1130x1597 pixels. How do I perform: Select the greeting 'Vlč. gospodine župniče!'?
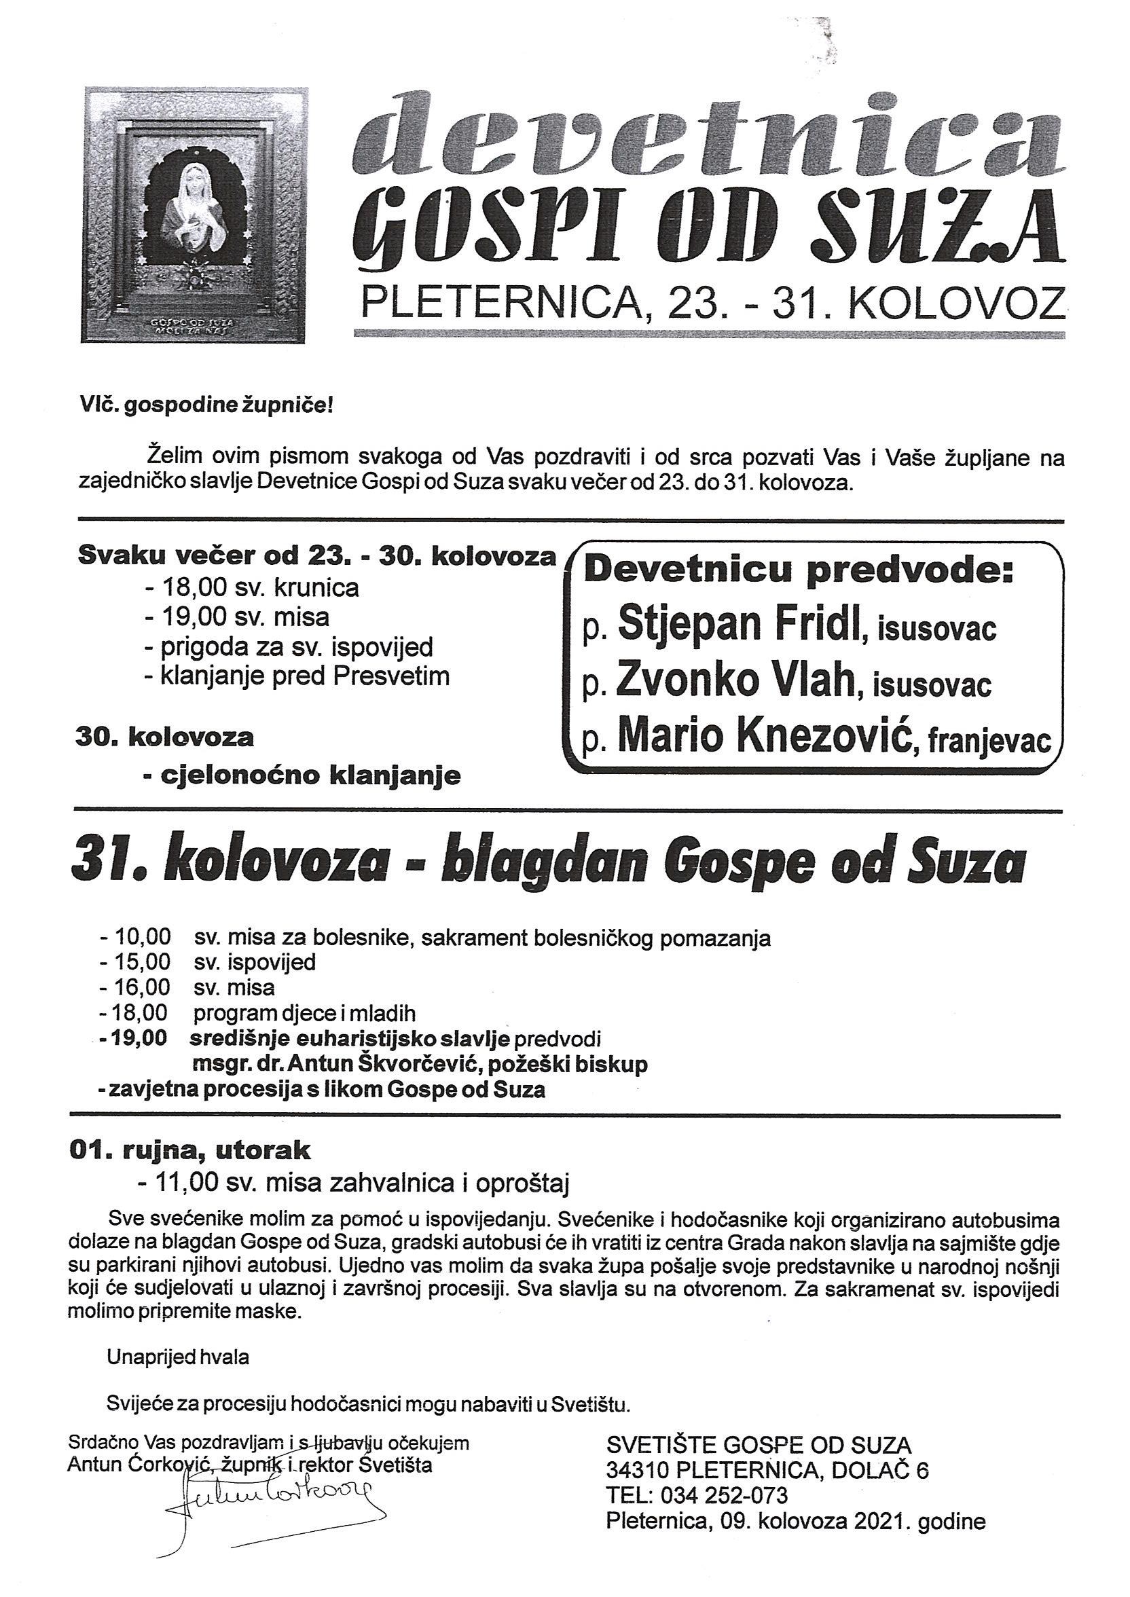click(x=206, y=406)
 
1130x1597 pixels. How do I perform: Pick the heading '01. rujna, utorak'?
click(x=190, y=1150)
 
